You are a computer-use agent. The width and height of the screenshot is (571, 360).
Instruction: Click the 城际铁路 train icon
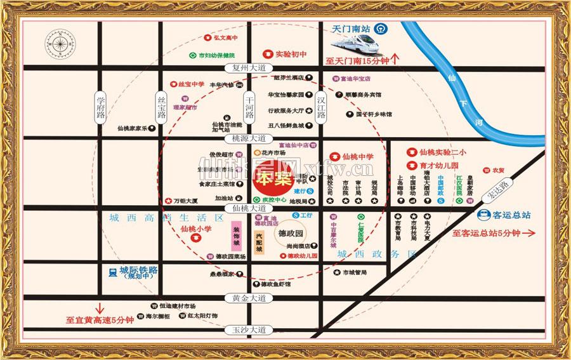(x=112, y=272)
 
